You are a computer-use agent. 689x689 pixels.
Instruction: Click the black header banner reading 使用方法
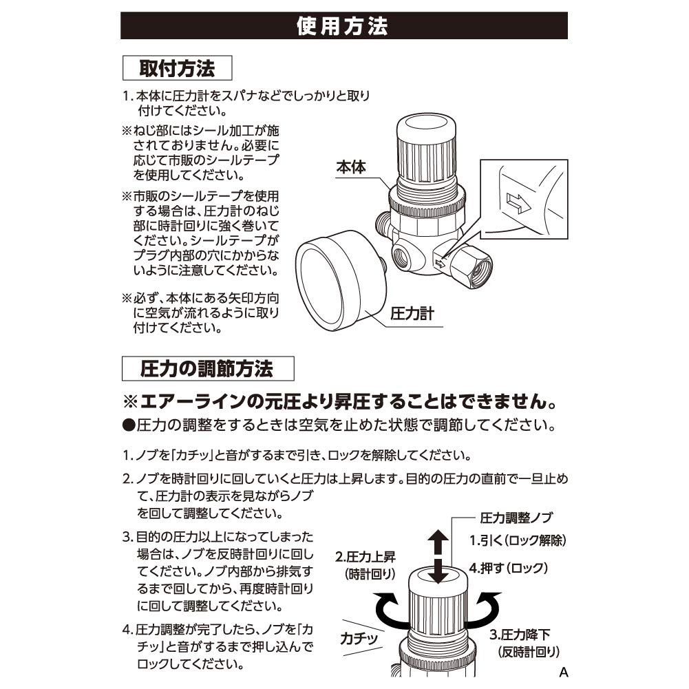(344, 26)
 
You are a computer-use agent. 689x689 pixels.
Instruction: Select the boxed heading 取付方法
(177, 70)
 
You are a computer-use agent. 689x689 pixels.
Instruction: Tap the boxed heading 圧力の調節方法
(207, 369)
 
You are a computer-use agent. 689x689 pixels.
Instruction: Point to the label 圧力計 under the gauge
(412, 315)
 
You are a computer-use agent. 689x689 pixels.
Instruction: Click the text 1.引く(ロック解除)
(518, 540)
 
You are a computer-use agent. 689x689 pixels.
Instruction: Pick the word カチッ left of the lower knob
(359, 638)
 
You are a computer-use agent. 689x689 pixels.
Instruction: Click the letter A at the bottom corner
(563, 672)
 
